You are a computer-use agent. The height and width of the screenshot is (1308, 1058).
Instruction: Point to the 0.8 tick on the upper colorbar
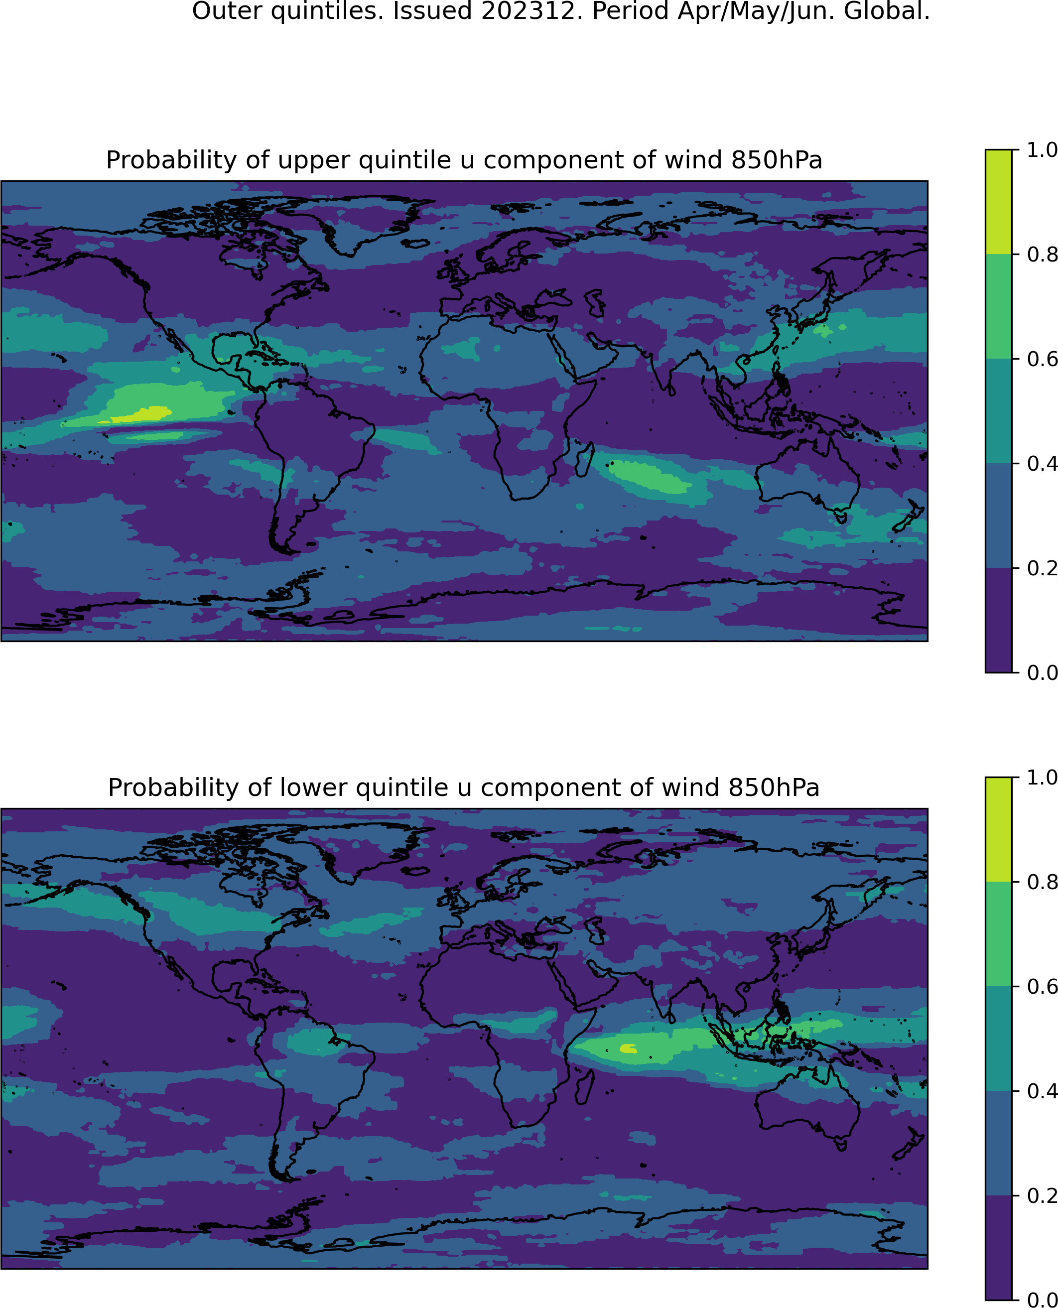coord(1015,254)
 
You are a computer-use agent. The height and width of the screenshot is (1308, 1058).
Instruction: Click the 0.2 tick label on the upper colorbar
coord(1043,568)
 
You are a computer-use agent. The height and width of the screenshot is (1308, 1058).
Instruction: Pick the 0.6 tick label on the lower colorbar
coord(1043,986)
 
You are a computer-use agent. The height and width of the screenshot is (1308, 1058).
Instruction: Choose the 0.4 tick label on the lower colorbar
coord(1043,1090)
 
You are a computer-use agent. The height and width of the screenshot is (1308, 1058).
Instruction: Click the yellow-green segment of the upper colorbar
coord(998,202)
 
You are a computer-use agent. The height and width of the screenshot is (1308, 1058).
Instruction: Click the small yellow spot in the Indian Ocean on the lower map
coord(628,1048)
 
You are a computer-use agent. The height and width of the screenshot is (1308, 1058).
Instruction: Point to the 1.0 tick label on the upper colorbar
coord(1043,150)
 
